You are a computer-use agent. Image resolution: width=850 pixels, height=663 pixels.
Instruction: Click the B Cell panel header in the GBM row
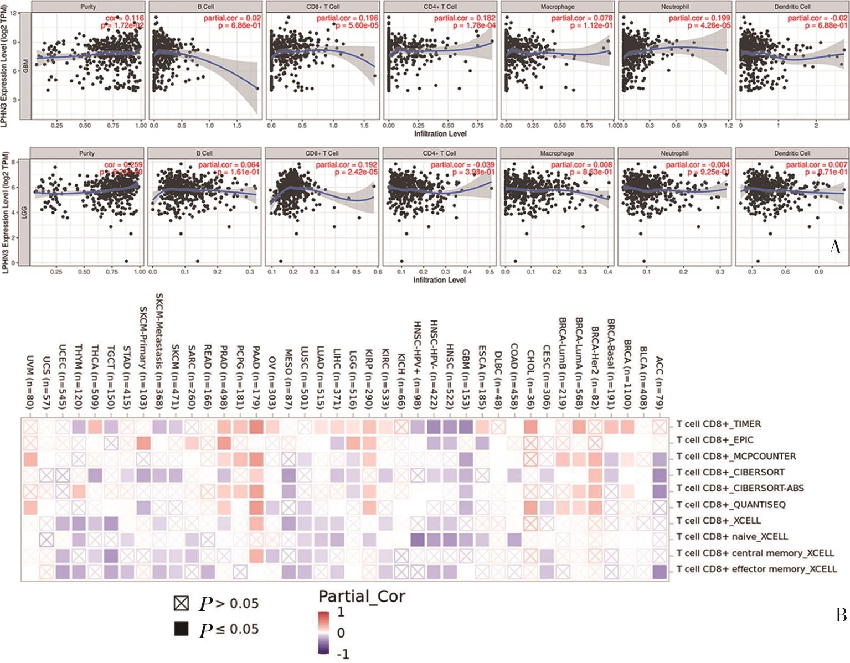(x=205, y=7)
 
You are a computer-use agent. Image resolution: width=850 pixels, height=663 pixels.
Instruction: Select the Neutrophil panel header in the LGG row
(x=674, y=153)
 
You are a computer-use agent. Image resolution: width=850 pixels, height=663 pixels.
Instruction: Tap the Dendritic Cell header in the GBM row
(x=792, y=7)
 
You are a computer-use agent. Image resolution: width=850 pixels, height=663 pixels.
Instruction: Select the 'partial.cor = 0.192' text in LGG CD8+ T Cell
(x=347, y=165)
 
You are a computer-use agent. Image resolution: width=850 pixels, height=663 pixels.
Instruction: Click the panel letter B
(x=841, y=615)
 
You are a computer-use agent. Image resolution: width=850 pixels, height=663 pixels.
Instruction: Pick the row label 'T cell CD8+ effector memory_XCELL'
(x=756, y=569)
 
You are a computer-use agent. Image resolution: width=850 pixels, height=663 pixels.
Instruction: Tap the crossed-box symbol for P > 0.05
(x=181, y=604)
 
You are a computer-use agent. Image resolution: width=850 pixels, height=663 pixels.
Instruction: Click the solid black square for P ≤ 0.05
(x=181, y=629)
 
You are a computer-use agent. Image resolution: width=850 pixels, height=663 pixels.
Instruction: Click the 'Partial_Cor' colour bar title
(x=362, y=597)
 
